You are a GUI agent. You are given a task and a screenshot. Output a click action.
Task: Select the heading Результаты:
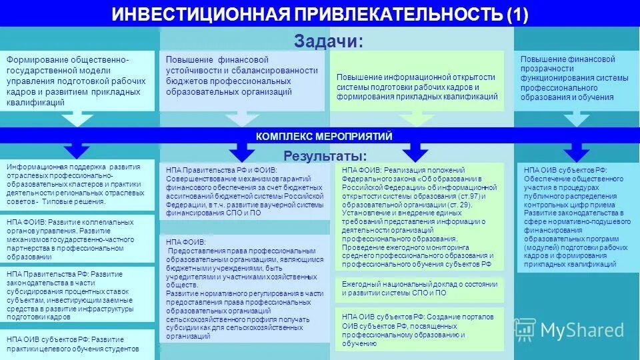pos(325,156)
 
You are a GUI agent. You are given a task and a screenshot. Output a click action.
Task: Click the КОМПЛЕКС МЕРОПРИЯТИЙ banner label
pos(324,136)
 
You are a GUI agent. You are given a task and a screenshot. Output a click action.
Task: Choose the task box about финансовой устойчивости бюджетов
pos(241,81)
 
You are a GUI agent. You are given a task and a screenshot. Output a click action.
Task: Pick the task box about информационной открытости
pos(417,87)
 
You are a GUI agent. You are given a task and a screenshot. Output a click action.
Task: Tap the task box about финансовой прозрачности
pos(576,79)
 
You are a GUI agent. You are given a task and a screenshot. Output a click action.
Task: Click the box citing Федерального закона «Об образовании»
pos(419,216)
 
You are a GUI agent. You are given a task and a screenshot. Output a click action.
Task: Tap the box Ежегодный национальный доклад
pos(419,288)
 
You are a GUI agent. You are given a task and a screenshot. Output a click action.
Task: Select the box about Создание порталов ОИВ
pos(419,329)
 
